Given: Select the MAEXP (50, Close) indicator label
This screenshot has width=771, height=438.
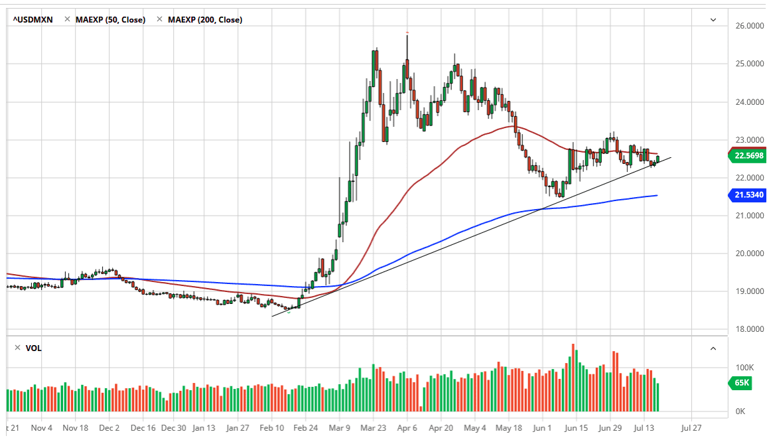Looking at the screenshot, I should click(x=110, y=20).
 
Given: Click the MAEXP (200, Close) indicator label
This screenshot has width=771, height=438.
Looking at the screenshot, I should click(x=205, y=20).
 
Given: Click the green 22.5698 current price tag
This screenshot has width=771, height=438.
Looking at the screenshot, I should click(x=748, y=157).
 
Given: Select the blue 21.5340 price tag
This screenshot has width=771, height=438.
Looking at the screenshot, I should click(x=748, y=195).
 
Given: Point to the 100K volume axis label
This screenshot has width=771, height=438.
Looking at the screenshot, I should click(x=743, y=367).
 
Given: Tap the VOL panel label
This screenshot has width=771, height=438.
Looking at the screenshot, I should click(x=33, y=348).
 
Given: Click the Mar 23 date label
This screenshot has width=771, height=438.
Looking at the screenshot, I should click(x=374, y=428).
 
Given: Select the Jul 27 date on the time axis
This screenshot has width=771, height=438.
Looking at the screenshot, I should click(x=692, y=428).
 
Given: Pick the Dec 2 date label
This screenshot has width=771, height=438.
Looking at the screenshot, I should click(x=109, y=428).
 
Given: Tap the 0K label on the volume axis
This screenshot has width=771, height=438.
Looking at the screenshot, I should click(x=740, y=412).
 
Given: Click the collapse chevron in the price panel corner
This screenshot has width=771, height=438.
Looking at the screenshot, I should click(x=713, y=20).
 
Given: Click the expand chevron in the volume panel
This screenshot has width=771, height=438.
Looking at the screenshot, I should click(x=713, y=348).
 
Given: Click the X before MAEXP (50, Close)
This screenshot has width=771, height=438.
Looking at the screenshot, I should click(x=67, y=20).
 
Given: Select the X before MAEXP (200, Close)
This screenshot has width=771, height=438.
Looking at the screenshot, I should click(x=159, y=20).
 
